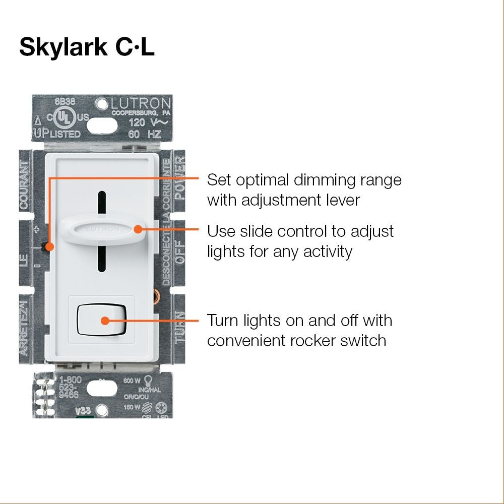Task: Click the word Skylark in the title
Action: coord(62,46)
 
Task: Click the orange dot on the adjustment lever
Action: coord(49,246)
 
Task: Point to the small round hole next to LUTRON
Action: coord(101,102)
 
